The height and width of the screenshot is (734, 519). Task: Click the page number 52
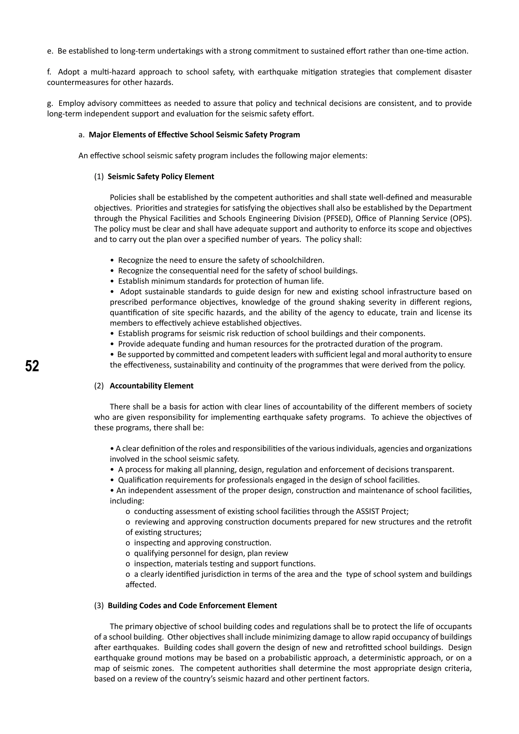[x=32, y=366]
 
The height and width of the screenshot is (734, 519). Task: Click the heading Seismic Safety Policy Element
[x=161, y=177]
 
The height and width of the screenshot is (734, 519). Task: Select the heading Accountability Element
[x=152, y=386]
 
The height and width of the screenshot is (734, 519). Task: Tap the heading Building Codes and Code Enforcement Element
[x=192, y=605]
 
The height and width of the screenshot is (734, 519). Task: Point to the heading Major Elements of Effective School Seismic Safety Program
[x=194, y=135]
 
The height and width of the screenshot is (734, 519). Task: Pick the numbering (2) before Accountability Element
[x=99, y=386]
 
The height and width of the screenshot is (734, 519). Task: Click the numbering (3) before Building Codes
[x=99, y=605]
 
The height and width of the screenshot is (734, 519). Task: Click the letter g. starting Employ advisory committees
[x=50, y=104]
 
